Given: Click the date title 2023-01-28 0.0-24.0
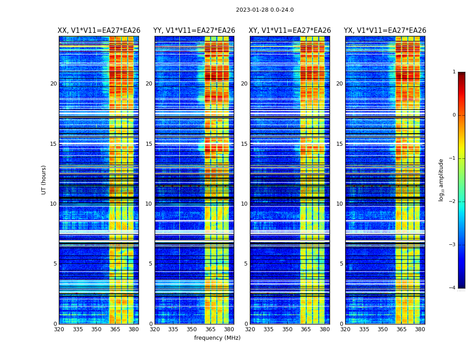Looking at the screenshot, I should pyautogui.click(x=265, y=10).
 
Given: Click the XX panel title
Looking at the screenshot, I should pyautogui.click(x=99, y=31).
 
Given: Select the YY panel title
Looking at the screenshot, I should pyautogui.click(x=194, y=31).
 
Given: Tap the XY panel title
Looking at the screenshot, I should pyautogui.click(x=290, y=31).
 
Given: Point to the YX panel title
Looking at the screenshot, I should pyautogui.click(x=385, y=31).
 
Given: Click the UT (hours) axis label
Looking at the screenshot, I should pyautogui.click(x=44, y=180).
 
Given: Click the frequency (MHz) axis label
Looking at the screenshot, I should pyautogui.click(x=217, y=338).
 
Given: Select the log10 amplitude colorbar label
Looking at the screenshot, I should pyautogui.click(x=441, y=180).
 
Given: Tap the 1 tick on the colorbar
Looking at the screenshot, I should pyautogui.click(x=454, y=72).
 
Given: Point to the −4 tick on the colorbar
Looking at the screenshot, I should pyautogui.click(x=453, y=288).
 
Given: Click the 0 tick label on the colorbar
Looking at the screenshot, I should pyautogui.click(x=454, y=115).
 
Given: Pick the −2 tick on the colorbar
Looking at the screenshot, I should pyautogui.click(x=453, y=202).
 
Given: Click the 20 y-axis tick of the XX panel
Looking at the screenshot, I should pyautogui.click(x=53, y=84).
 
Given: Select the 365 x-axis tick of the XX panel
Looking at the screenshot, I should pyautogui.click(x=115, y=329).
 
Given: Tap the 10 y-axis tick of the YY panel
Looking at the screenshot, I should pyautogui.click(x=149, y=204).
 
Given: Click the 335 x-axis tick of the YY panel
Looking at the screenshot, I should pyautogui.click(x=173, y=329).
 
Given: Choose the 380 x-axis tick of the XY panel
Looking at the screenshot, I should pyautogui.click(x=325, y=329).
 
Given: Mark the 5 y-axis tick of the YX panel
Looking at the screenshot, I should pyautogui.click(x=341, y=264).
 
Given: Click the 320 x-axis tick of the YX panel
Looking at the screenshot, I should pyautogui.click(x=345, y=329).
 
